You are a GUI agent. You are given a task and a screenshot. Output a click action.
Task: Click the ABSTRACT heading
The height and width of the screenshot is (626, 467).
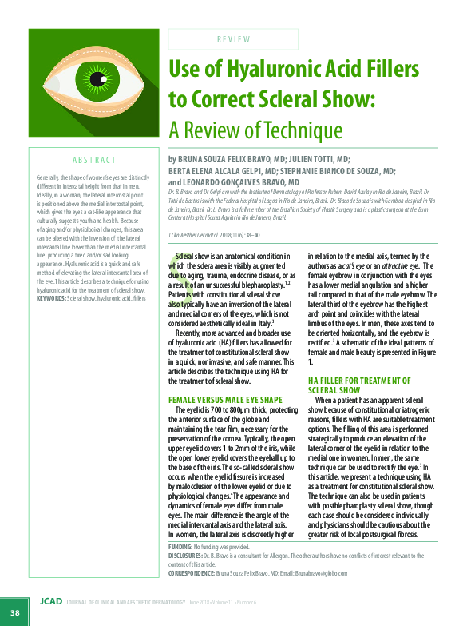(94, 160)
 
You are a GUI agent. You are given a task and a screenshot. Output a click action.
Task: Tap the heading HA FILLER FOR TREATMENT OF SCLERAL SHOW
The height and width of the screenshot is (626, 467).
(359, 385)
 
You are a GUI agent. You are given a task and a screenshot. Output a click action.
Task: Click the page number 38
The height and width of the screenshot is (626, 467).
(14, 612)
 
